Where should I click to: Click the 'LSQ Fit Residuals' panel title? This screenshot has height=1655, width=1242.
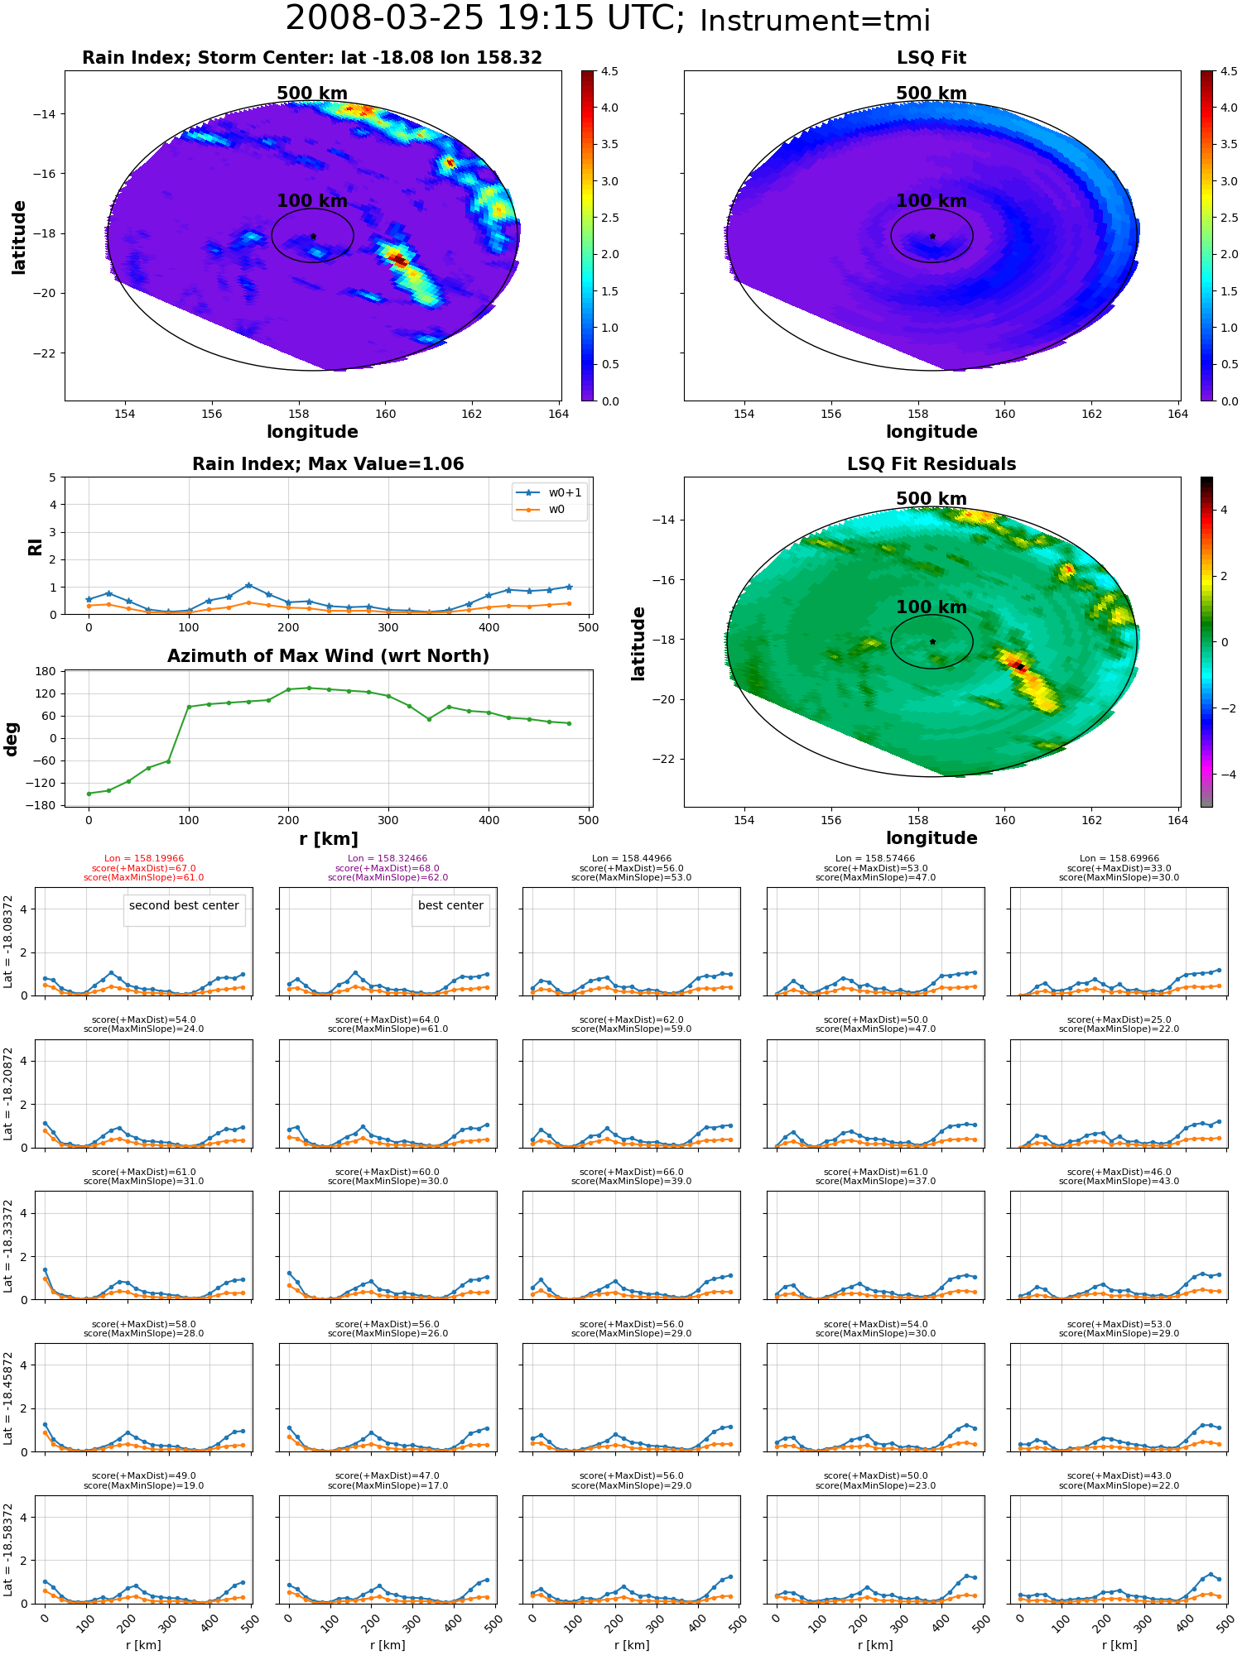(931, 464)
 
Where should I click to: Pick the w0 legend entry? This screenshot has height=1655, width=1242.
(542, 509)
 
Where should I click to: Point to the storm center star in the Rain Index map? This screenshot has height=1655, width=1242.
(313, 237)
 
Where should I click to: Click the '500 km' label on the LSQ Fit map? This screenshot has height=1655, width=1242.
(931, 94)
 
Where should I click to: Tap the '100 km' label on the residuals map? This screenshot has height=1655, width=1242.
(931, 607)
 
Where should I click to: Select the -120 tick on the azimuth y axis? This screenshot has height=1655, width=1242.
(41, 783)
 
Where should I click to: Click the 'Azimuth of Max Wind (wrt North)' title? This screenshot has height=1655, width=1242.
(328, 656)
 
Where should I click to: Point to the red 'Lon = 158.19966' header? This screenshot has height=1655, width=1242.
(144, 859)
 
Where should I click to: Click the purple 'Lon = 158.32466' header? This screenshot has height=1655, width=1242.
(388, 859)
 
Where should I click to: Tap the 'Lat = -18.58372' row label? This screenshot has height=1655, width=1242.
(8, 1550)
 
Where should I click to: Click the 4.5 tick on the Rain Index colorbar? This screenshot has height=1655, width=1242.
(609, 71)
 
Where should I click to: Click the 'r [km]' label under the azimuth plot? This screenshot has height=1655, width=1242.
(328, 839)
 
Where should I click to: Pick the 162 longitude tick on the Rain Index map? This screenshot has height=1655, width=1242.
(471, 414)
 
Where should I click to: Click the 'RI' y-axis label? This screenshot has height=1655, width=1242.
(35, 546)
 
